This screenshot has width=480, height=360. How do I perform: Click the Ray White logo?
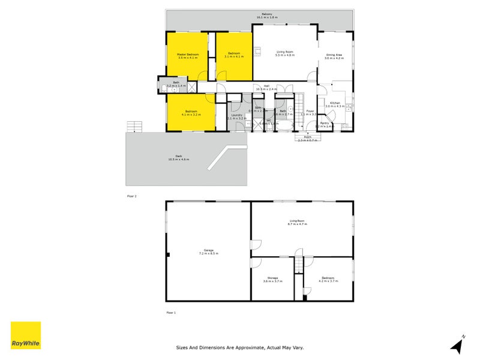26,335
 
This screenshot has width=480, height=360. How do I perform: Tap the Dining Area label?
334,55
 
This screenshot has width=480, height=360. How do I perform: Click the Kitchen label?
334,103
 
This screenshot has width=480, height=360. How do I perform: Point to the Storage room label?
272,278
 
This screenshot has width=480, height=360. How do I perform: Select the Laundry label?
236,115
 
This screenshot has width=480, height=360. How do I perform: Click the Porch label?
308,137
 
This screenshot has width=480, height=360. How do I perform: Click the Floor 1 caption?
171,313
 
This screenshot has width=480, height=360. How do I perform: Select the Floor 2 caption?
132,196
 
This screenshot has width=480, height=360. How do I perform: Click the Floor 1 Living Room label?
297,221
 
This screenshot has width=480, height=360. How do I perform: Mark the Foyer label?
310,110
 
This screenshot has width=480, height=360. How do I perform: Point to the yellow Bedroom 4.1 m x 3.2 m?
191,111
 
